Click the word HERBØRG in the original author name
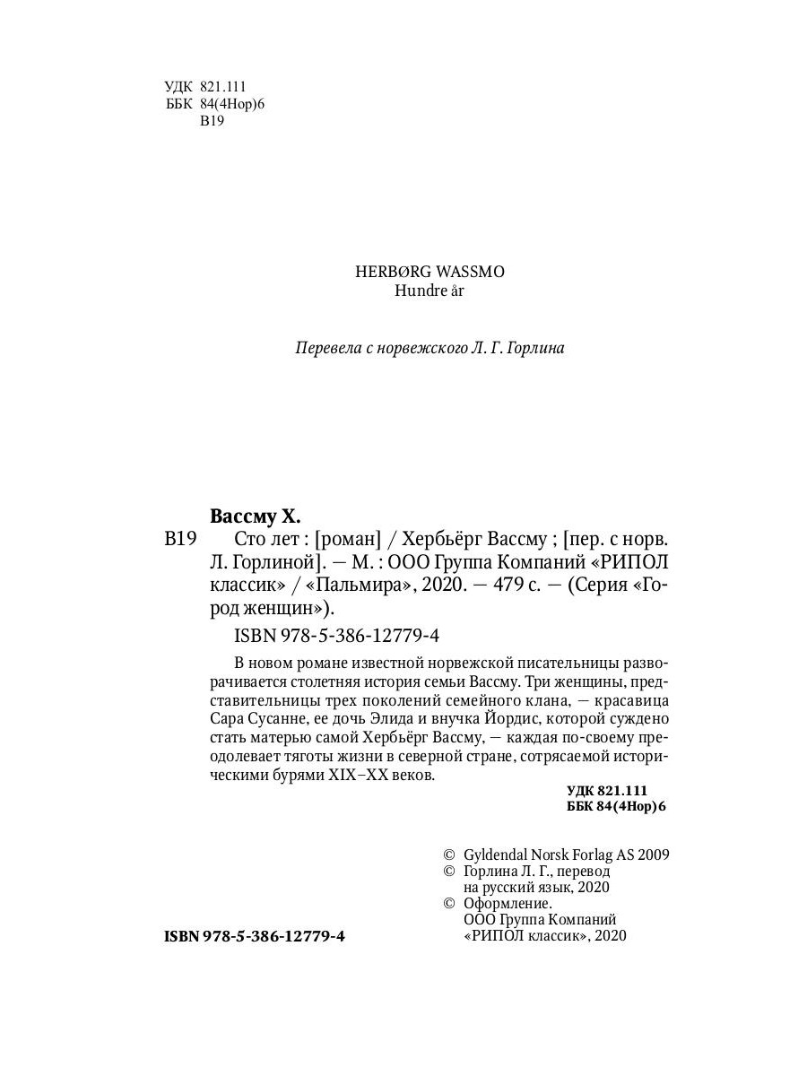click(x=387, y=272)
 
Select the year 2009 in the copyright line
click(x=651, y=855)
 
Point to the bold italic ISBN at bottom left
click(x=184, y=936)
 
